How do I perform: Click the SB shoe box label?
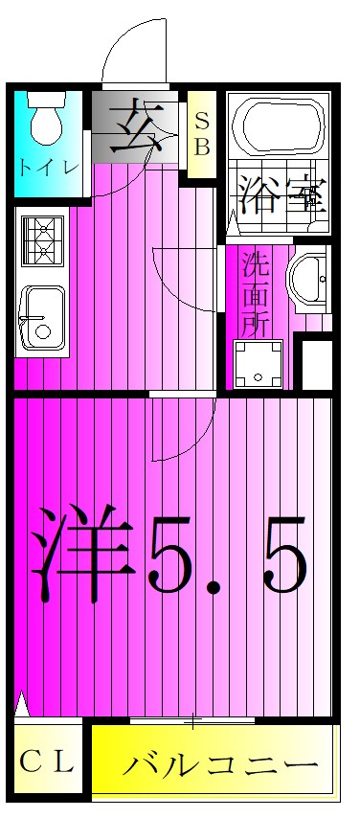[202, 135]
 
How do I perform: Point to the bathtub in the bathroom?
[279, 125]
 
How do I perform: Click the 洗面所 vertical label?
[253, 292]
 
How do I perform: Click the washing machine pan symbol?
[259, 364]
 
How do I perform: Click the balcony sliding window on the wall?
[192, 718]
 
